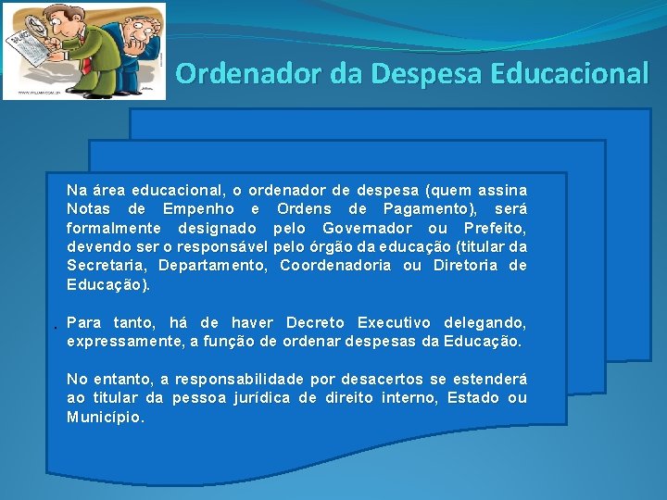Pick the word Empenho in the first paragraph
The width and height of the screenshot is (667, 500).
(198, 208)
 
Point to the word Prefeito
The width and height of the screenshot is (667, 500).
(494, 228)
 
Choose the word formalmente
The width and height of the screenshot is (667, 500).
(109, 228)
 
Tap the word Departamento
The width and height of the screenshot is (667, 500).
(212, 266)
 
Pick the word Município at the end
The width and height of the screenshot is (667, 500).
(105, 418)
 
